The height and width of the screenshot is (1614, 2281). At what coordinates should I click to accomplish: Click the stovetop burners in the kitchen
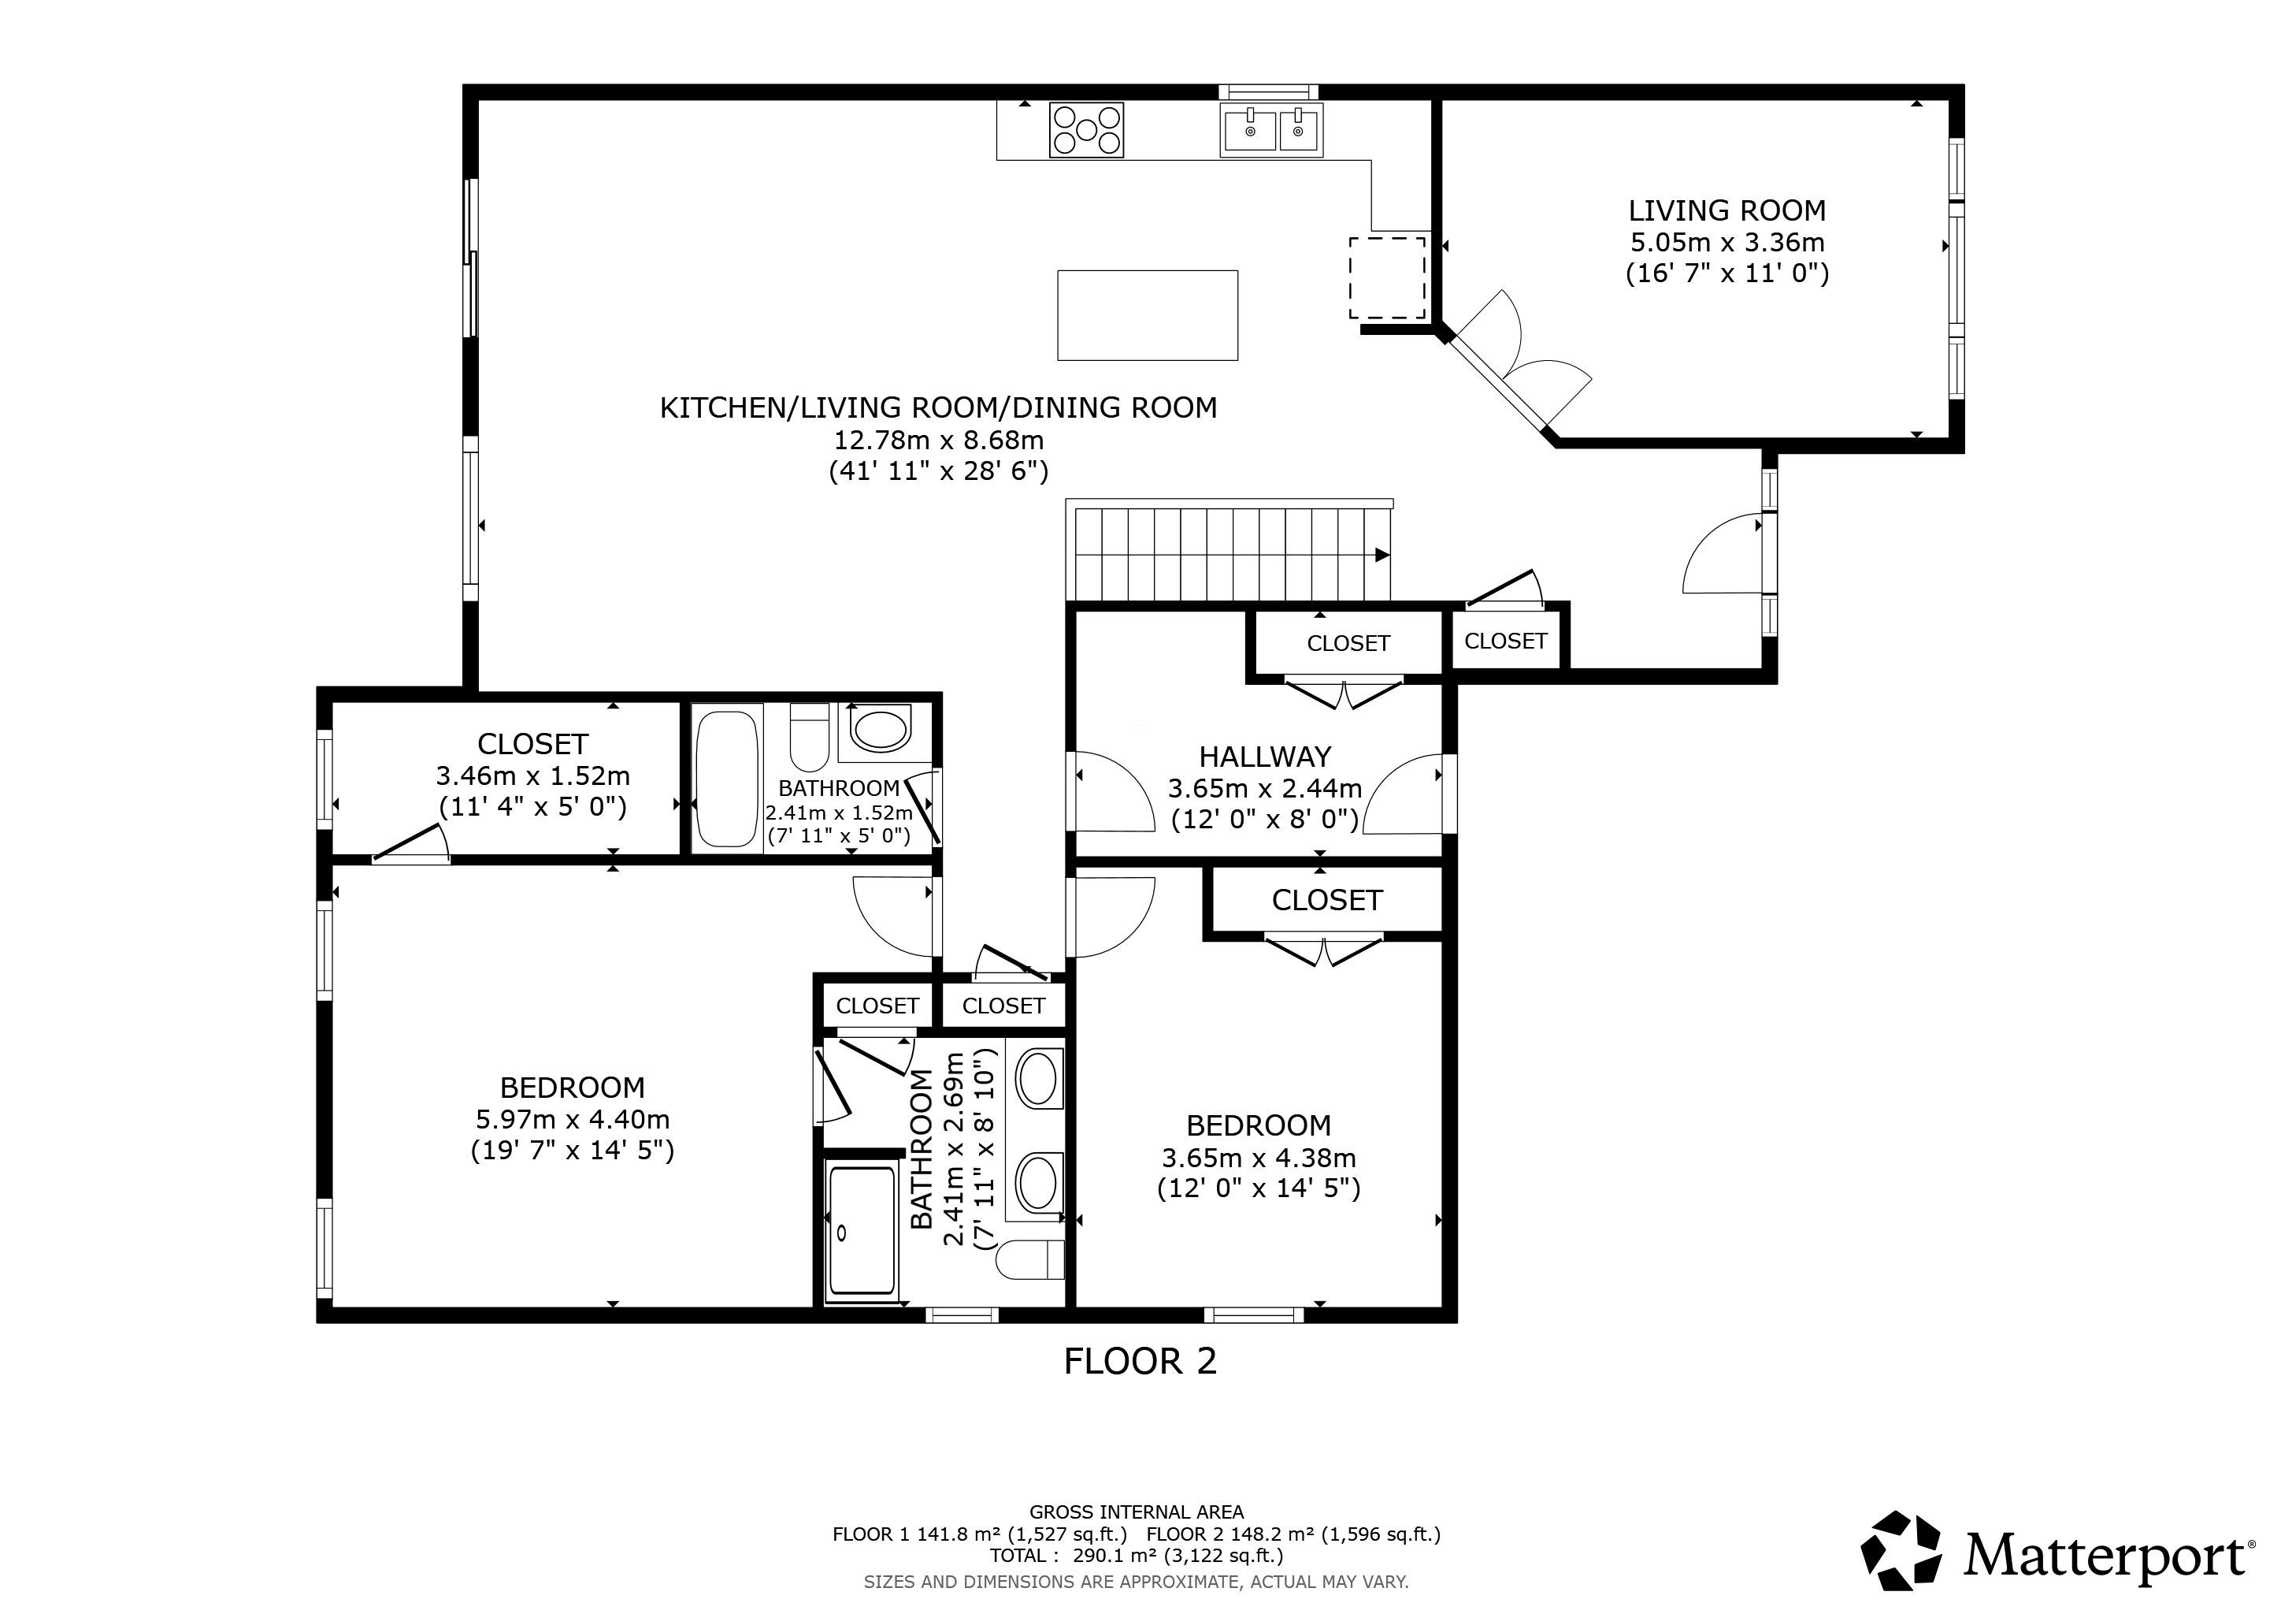[1086, 130]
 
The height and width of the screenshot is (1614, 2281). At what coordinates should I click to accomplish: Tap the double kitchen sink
[1270, 130]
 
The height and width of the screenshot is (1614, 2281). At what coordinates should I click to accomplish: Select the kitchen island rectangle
[1148, 315]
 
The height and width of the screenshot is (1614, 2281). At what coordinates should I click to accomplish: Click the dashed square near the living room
[1387, 277]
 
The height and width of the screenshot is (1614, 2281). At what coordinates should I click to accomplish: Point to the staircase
[1229, 551]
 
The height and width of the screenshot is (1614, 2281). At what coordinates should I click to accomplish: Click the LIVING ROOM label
[1727, 210]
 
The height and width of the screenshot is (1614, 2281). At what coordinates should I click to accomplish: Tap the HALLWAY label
[1265, 757]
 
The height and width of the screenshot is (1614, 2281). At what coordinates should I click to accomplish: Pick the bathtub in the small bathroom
[726, 778]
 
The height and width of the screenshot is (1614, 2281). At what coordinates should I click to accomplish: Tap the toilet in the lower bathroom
[1030, 1259]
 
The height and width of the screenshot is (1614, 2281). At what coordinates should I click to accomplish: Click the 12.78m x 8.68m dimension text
[939, 439]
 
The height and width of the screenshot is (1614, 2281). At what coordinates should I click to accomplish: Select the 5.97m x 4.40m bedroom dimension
[573, 1119]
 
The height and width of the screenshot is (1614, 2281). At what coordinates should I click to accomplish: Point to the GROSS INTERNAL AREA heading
[1137, 1512]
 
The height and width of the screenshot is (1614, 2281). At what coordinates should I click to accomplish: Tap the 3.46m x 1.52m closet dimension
[532, 775]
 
